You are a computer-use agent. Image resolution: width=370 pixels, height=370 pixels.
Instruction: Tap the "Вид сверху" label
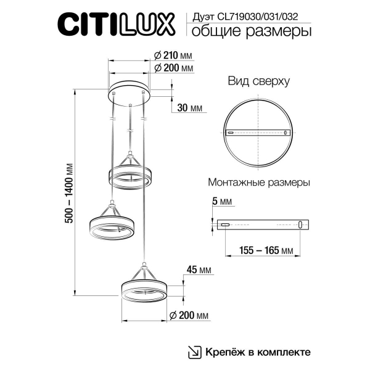click(258, 81)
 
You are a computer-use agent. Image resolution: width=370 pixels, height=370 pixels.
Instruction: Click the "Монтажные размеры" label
click(259, 183)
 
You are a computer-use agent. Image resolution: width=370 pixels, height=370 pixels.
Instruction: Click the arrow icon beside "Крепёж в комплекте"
click(194, 351)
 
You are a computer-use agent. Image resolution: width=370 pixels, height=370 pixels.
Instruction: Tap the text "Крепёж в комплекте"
click(258, 351)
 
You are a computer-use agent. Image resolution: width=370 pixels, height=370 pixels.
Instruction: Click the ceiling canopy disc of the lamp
click(130, 91)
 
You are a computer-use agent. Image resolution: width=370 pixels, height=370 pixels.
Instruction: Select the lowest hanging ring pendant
click(142, 290)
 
